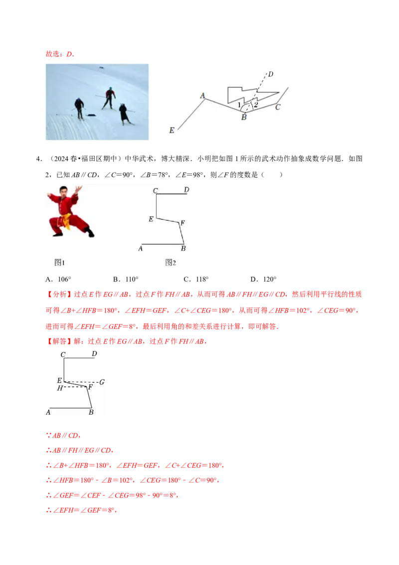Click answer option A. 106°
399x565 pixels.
coord(58,280)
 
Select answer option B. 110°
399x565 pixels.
coord(126,280)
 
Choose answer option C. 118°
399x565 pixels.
coord(196,280)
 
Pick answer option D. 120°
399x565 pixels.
coord(263,280)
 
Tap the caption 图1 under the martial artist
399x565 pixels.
coord(59,263)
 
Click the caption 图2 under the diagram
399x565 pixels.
coord(171,263)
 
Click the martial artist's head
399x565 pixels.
coord(63,191)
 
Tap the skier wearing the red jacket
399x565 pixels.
coord(109,98)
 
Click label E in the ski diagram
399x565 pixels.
coord(172,130)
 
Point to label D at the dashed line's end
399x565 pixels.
coord(271,74)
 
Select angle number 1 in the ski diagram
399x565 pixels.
coord(239,105)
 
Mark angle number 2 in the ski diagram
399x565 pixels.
coord(256,105)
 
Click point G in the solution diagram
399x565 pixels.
coord(102,382)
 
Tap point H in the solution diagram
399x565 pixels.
coord(60,388)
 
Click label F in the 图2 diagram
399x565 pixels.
coord(183,223)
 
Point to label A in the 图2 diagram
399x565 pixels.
coord(141,249)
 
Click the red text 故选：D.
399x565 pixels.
coord(60,54)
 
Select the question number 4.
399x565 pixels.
coord(39,159)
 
